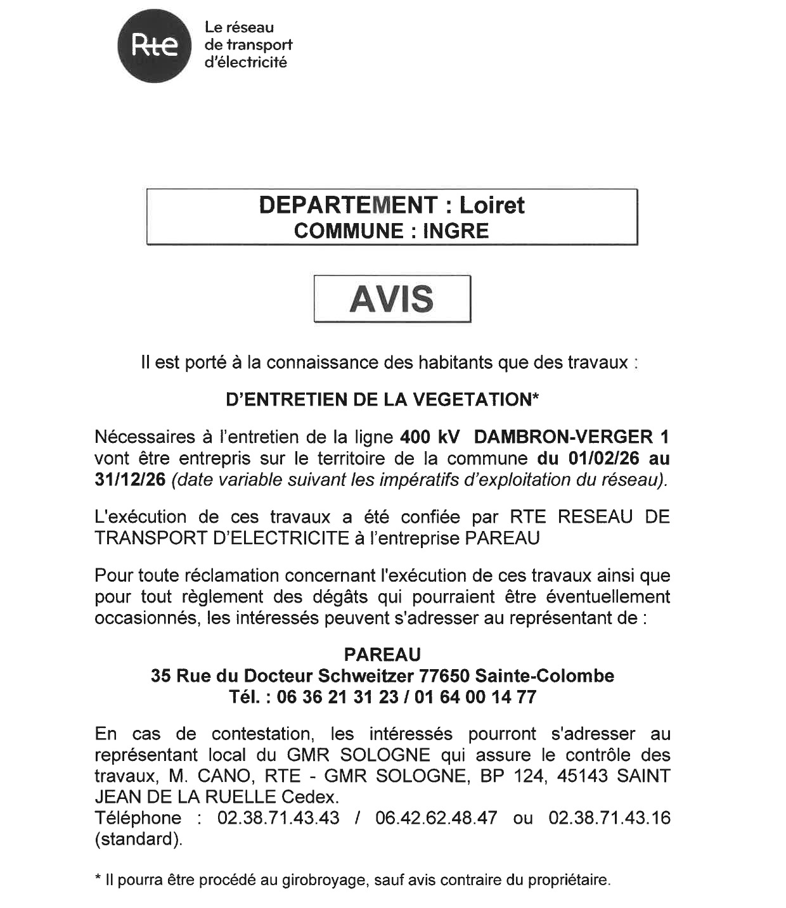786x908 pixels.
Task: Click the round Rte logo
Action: click(x=154, y=46)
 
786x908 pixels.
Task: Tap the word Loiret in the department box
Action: click(x=492, y=205)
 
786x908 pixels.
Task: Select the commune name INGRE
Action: click(x=456, y=231)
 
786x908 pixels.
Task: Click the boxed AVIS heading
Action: click(x=392, y=298)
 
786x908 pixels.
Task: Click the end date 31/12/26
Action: click(x=130, y=480)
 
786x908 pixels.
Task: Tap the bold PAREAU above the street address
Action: click(x=382, y=655)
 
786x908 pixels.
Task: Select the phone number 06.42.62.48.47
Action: click(x=436, y=818)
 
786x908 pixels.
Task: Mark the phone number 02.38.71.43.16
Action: click(x=609, y=818)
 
